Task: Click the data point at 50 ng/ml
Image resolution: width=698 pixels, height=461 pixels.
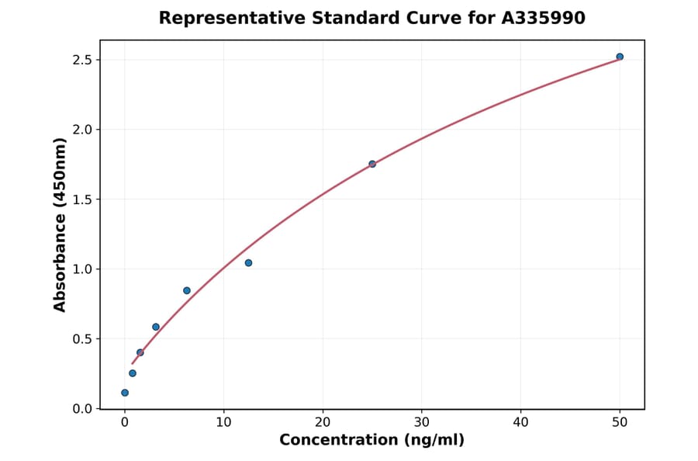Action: point(620,57)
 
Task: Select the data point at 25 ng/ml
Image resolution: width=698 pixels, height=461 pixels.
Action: point(372,164)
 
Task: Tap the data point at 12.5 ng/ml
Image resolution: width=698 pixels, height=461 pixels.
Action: point(248,263)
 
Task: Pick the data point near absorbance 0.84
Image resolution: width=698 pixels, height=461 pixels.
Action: point(187,290)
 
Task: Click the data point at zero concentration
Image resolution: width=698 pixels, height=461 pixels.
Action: point(125,393)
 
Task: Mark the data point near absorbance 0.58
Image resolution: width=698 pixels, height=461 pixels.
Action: point(156,327)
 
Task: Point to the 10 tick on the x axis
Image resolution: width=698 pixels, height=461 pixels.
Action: point(223,422)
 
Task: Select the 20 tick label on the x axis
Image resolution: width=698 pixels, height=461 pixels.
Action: point(323,422)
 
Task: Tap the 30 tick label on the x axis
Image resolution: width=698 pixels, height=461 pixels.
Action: point(422,422)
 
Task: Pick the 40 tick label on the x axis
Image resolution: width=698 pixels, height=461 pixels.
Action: point(520,422)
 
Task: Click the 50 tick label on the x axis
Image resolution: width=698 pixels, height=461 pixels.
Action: point(620,422)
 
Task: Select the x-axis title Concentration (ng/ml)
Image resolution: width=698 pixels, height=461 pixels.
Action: point(371,441)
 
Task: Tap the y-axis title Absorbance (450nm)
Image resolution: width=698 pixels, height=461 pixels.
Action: point(60,225)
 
